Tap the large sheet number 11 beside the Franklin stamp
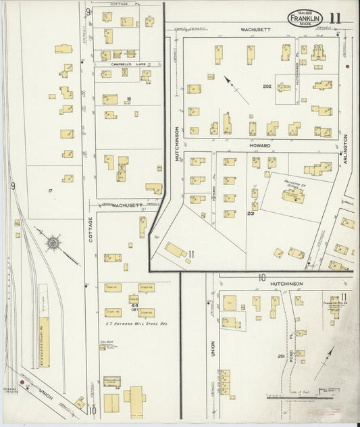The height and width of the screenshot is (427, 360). pos(336,18)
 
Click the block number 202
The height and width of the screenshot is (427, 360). pos(267,86)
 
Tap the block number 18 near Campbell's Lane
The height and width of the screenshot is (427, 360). pos(128,100)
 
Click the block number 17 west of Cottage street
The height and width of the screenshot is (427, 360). pos(50,191)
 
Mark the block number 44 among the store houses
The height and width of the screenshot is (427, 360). pos(136,305)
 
